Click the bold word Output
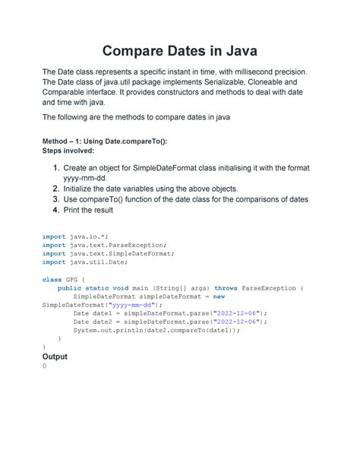pyautogui.click(x=55, y=357)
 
